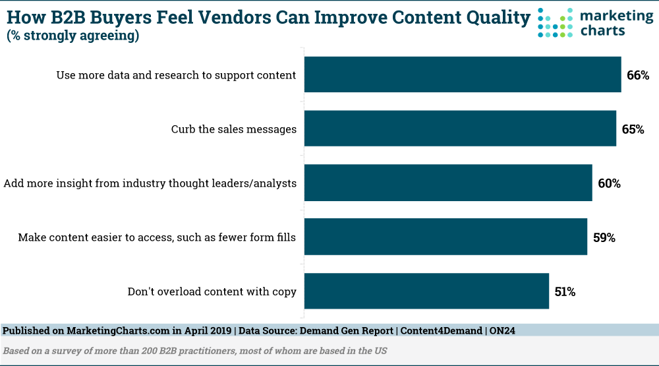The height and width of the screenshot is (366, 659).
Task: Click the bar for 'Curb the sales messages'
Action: click(460, 129)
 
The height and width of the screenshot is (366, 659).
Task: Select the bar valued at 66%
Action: click(463, 75)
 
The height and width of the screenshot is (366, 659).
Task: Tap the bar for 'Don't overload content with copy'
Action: click(426, 291)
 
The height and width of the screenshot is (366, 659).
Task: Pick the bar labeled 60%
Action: click(448, 183)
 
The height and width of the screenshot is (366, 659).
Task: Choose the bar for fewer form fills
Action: click(446, 237)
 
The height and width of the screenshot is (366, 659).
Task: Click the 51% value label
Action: click(565, 291)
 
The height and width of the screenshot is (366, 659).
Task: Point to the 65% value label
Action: click(633, 129)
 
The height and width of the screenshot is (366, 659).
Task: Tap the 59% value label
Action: click(604, 237)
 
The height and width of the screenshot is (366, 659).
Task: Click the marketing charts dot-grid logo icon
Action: click(555, 22)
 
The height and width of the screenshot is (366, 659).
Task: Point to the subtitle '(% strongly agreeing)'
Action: click(72, 36)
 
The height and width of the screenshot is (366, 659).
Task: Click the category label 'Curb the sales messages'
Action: click(234, 129)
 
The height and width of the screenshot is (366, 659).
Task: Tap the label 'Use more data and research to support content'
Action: click(176, 75)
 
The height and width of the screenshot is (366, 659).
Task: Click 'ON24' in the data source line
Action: click(502, 330)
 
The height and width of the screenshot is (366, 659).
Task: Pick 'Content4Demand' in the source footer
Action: click(442, 330)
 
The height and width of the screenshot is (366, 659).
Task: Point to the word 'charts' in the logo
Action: click(603, 31)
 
